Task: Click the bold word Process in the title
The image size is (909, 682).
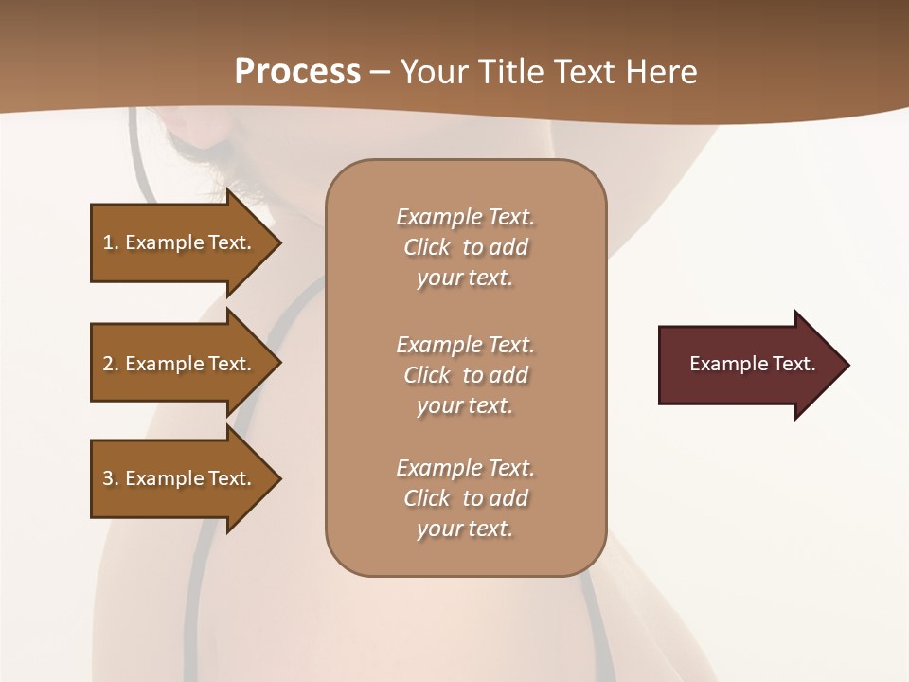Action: click(x=297, y=71)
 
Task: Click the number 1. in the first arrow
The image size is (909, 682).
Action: click(x=111, y=242)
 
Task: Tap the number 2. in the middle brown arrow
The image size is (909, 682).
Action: click(x=111, y=364)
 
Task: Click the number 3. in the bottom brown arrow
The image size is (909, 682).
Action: click(x=111, y=478)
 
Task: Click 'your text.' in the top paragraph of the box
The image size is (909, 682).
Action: click(x=465, y=278)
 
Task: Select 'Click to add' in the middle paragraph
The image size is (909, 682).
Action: click(x=465, y=375)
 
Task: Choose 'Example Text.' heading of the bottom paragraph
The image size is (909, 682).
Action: click(x=465, y=468)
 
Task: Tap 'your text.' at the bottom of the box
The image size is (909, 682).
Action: click(x=465, y=529)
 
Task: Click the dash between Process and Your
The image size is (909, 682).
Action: click(x=380, y=72)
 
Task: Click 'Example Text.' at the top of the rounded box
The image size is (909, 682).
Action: click(x=465, y=217)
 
